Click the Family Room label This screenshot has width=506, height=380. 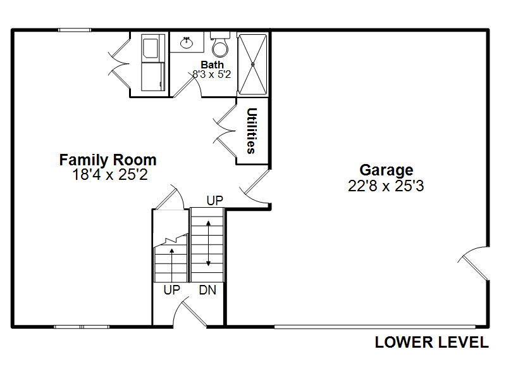coord(108,160)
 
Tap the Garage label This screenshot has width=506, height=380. coord(386,170)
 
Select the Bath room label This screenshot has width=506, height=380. coord(212,65)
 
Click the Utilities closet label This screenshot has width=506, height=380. coord(251,130)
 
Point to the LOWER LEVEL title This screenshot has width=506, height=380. coord(432,343)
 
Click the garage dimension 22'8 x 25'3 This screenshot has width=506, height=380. coord(386,186)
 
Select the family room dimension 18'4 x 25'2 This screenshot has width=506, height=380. coord(110,175)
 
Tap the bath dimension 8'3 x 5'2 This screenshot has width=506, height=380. coord(212,74)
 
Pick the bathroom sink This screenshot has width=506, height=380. coord(187,42)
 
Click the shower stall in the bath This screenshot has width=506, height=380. coord(252,65)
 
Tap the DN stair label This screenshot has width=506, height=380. coord(207,290)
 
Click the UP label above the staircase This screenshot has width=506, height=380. coord(214,201)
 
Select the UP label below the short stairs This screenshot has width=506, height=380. coord(171,290)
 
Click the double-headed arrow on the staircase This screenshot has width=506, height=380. coord(209,243)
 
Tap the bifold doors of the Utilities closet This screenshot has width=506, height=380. coord(225,131)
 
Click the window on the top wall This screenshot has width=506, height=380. coord(75,30)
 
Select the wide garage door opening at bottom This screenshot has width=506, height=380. coord(374,327)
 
